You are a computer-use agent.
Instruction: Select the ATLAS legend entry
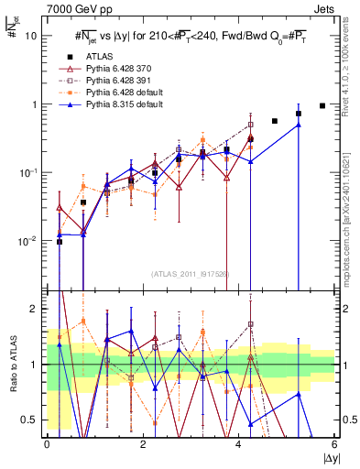pos(100,57)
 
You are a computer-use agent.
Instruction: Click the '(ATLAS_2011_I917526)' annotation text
pos(190,273)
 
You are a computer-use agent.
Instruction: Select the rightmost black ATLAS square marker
pos(322,105)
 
